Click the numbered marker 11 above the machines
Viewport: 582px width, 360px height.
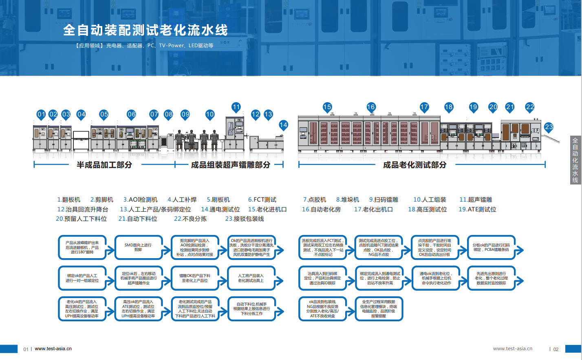coord(236,108)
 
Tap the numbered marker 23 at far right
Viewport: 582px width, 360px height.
coord(549,127)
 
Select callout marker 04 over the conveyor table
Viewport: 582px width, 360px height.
coord(81,114)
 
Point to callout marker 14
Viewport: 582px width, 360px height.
coord(283,125)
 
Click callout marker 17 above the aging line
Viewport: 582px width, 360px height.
coord(424,107)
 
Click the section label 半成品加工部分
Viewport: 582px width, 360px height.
coord(104,165)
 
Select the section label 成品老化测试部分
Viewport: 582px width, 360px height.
coord(414,165)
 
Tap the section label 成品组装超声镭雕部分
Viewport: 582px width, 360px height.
coord(230,165)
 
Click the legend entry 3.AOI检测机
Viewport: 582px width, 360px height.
coord(140,200)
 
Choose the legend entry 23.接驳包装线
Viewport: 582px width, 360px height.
coord(245,219)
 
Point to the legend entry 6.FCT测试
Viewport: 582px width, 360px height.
coord(262,200)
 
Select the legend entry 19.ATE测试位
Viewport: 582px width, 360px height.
coord(477,209)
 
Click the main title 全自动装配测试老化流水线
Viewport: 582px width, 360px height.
coord(145,30)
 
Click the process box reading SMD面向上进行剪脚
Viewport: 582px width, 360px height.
coord(138,247)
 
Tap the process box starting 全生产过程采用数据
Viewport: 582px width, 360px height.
coord(379,309)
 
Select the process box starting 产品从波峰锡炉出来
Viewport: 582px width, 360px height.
coord(82,247)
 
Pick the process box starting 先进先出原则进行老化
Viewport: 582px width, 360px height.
coord(491,278)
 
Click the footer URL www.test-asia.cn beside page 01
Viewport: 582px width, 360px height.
coord(53,349)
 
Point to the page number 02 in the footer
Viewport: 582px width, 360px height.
coord(556,349)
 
